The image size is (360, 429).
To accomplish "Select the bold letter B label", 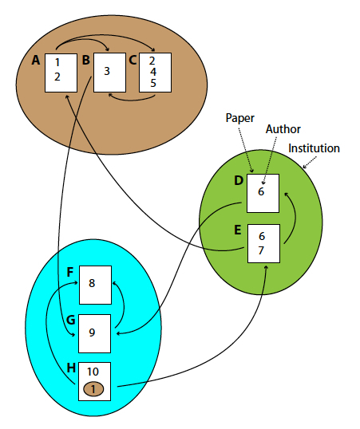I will click(x=85, y=59).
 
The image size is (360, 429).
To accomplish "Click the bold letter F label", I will click(x=70, y=271).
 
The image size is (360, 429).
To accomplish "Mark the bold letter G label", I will click(x=70, y=320).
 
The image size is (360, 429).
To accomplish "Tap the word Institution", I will click(x=314, y=148).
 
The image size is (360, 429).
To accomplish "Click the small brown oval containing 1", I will click(x=93, y=388).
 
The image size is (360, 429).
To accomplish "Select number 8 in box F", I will click(x=92, y=283).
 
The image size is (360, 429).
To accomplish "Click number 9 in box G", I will click(x=92, y=333).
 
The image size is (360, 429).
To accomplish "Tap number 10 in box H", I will click(x=93, y=372).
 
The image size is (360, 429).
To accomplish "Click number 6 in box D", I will click(x=260, y=192).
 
